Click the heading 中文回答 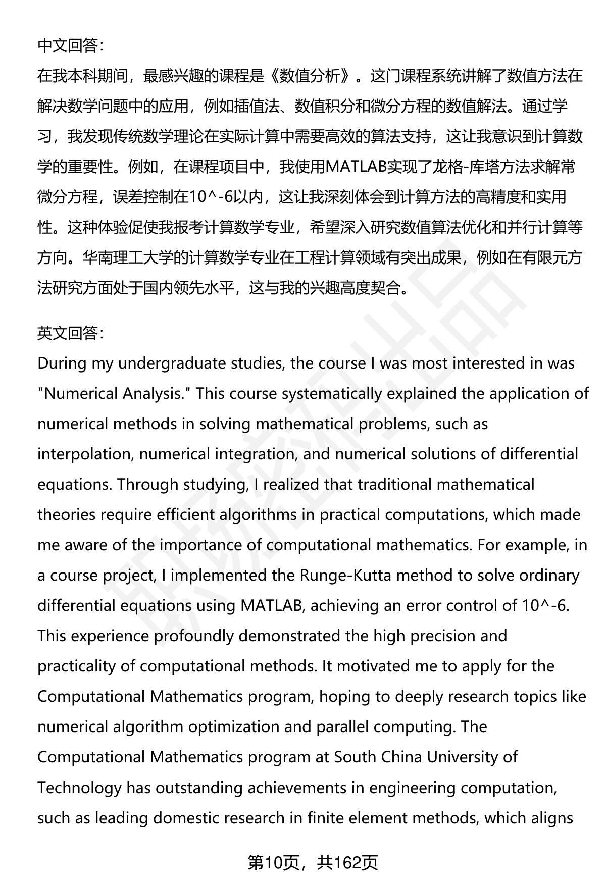70,46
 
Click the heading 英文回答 70,333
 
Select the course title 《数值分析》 313,76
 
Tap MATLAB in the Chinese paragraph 356,167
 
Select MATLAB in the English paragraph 272,606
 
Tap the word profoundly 194,636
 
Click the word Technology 79,788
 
